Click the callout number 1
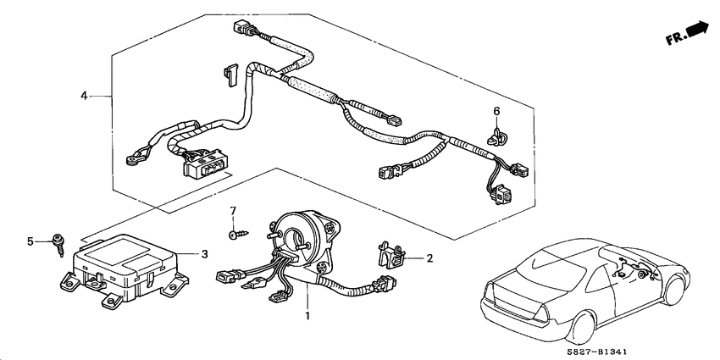(x=307, y=316)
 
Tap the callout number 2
(x=429, y=258)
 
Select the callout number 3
(x=205, y=254)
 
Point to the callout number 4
(x=84, y=96)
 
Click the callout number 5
(x=30, y=241)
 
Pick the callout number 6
(x=496, y=111)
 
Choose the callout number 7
(x=233, y=211)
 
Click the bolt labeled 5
(x=58, y=245)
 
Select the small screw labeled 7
(x=238, y=235)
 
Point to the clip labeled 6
(x=496, y=136)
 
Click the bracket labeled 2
(x=390, y=255)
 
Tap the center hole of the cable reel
(x=293, y=240)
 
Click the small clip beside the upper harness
(x=230, y=75)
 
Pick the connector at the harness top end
(x=243, y=27)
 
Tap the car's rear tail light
(x=541, y=314)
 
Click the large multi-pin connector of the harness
(x=205, y=164)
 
